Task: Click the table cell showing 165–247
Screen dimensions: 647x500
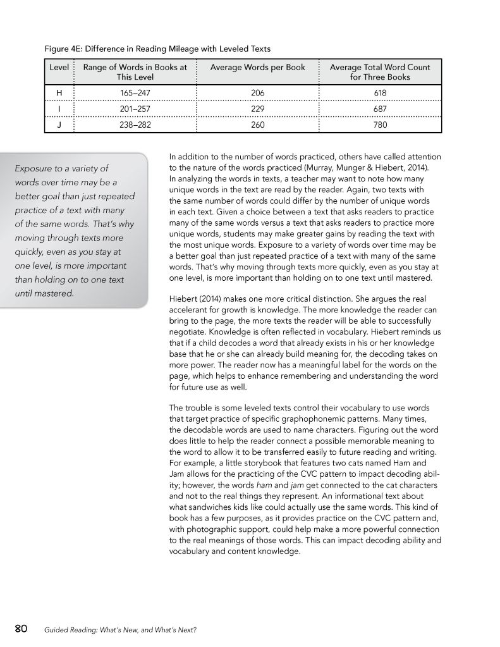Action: click(135, 92)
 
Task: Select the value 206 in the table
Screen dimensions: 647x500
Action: click(257, 92)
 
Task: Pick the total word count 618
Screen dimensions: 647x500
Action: click(380, 92)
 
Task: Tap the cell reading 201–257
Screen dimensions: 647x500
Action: click(135, 109)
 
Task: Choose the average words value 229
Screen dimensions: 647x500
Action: click(257, 109)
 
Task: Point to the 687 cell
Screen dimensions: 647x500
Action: click(380, 109)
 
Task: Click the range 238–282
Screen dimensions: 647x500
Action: click(135, 125)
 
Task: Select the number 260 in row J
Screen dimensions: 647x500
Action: click(257, 125)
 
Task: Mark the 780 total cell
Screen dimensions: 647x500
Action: click(380, 125)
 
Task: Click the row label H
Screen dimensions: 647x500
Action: click(59, 92)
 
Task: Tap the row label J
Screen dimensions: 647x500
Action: click(59, 125)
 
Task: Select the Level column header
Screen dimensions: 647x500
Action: click(59, 67)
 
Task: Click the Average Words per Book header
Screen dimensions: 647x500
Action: click(257, 67)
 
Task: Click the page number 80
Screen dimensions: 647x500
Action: click(21, 628)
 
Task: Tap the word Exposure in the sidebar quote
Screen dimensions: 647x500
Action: click(35, 168)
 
